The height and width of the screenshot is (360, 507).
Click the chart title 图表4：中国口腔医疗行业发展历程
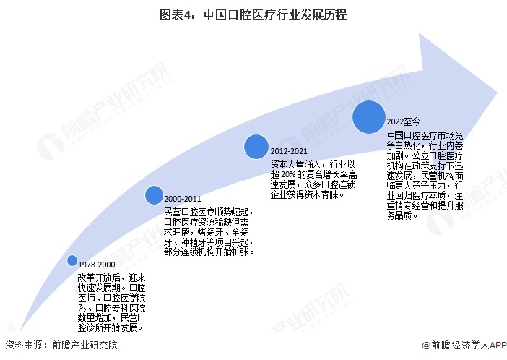point(253,15)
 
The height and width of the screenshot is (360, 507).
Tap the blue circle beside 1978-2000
point(72,261)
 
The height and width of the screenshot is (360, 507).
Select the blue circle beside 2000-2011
point(154,195)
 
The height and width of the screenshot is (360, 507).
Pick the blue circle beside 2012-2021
point(256,147)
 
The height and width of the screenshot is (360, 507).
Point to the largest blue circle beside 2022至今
point(368,117)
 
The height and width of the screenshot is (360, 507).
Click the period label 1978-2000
point(97,265)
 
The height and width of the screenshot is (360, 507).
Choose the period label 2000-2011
point(183,199)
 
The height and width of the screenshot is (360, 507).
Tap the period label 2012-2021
point(289,151)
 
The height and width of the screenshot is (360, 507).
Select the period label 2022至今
point(404,121)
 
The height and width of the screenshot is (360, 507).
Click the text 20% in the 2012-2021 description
point(288,175)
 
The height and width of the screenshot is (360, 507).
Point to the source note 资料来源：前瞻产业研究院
point(61,345)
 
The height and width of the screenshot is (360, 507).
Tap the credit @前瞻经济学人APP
point(464,345)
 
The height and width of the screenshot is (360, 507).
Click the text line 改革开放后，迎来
point(111,278)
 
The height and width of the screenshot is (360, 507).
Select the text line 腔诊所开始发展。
point(110,327)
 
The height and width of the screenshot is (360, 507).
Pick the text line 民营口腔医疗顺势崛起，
point(209,212)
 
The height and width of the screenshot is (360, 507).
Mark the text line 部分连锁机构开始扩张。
point(209,252)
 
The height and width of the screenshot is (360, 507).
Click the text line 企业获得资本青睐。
point(308,194)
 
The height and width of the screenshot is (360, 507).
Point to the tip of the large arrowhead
point(498,92)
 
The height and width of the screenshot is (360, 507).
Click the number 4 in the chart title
point(188,15)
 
